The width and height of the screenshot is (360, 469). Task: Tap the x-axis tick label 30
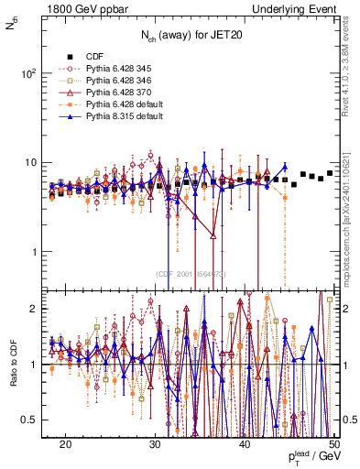[156, 443]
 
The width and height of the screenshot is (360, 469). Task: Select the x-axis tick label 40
[245, 443]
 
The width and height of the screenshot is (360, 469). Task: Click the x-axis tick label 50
[333, 443]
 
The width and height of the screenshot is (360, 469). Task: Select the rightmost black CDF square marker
[330, 172]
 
